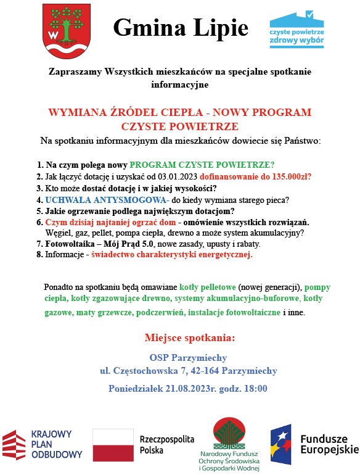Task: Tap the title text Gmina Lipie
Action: pos(181,28)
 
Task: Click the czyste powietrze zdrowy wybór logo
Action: pos(297,29)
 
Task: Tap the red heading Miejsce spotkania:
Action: pos(189,338)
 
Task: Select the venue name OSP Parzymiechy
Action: pos(188,358)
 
